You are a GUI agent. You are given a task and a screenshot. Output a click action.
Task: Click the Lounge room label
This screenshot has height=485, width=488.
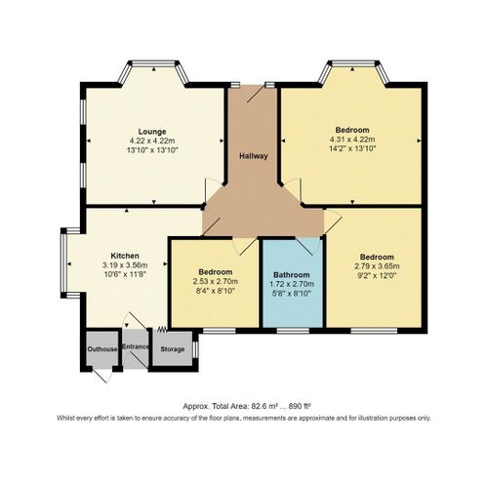(150, 131)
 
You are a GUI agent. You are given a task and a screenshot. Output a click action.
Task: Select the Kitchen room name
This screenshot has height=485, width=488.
(123, 255)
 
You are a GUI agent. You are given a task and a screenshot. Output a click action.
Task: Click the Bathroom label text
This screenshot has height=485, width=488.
(292, 273)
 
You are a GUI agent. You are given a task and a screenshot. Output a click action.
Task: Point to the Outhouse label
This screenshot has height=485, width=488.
(102, 349)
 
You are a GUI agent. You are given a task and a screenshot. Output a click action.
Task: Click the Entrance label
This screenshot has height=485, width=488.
(134, 346)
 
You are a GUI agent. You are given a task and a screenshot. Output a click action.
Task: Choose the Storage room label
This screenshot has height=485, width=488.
(172, 349)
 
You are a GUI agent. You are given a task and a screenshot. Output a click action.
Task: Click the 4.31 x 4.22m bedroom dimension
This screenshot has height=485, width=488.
(352, 141)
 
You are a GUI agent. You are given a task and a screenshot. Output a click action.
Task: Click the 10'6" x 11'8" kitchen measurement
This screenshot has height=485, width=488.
(123, 274)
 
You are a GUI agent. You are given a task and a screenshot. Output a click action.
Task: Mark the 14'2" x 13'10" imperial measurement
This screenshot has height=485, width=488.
(352, 150)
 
